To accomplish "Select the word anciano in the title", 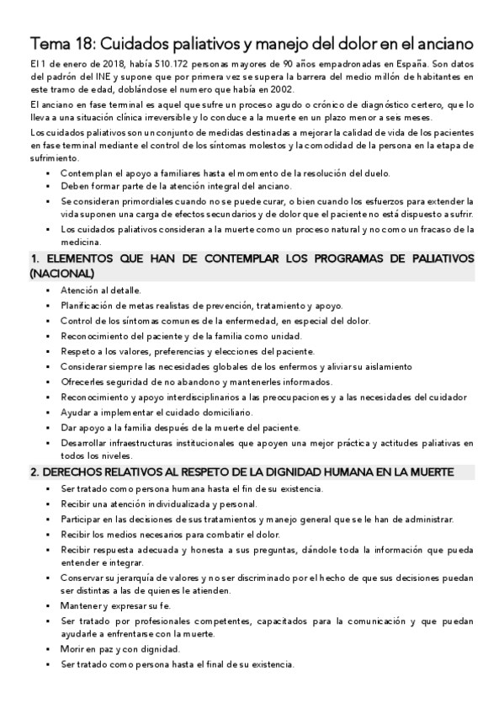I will [x=444, y=41].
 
